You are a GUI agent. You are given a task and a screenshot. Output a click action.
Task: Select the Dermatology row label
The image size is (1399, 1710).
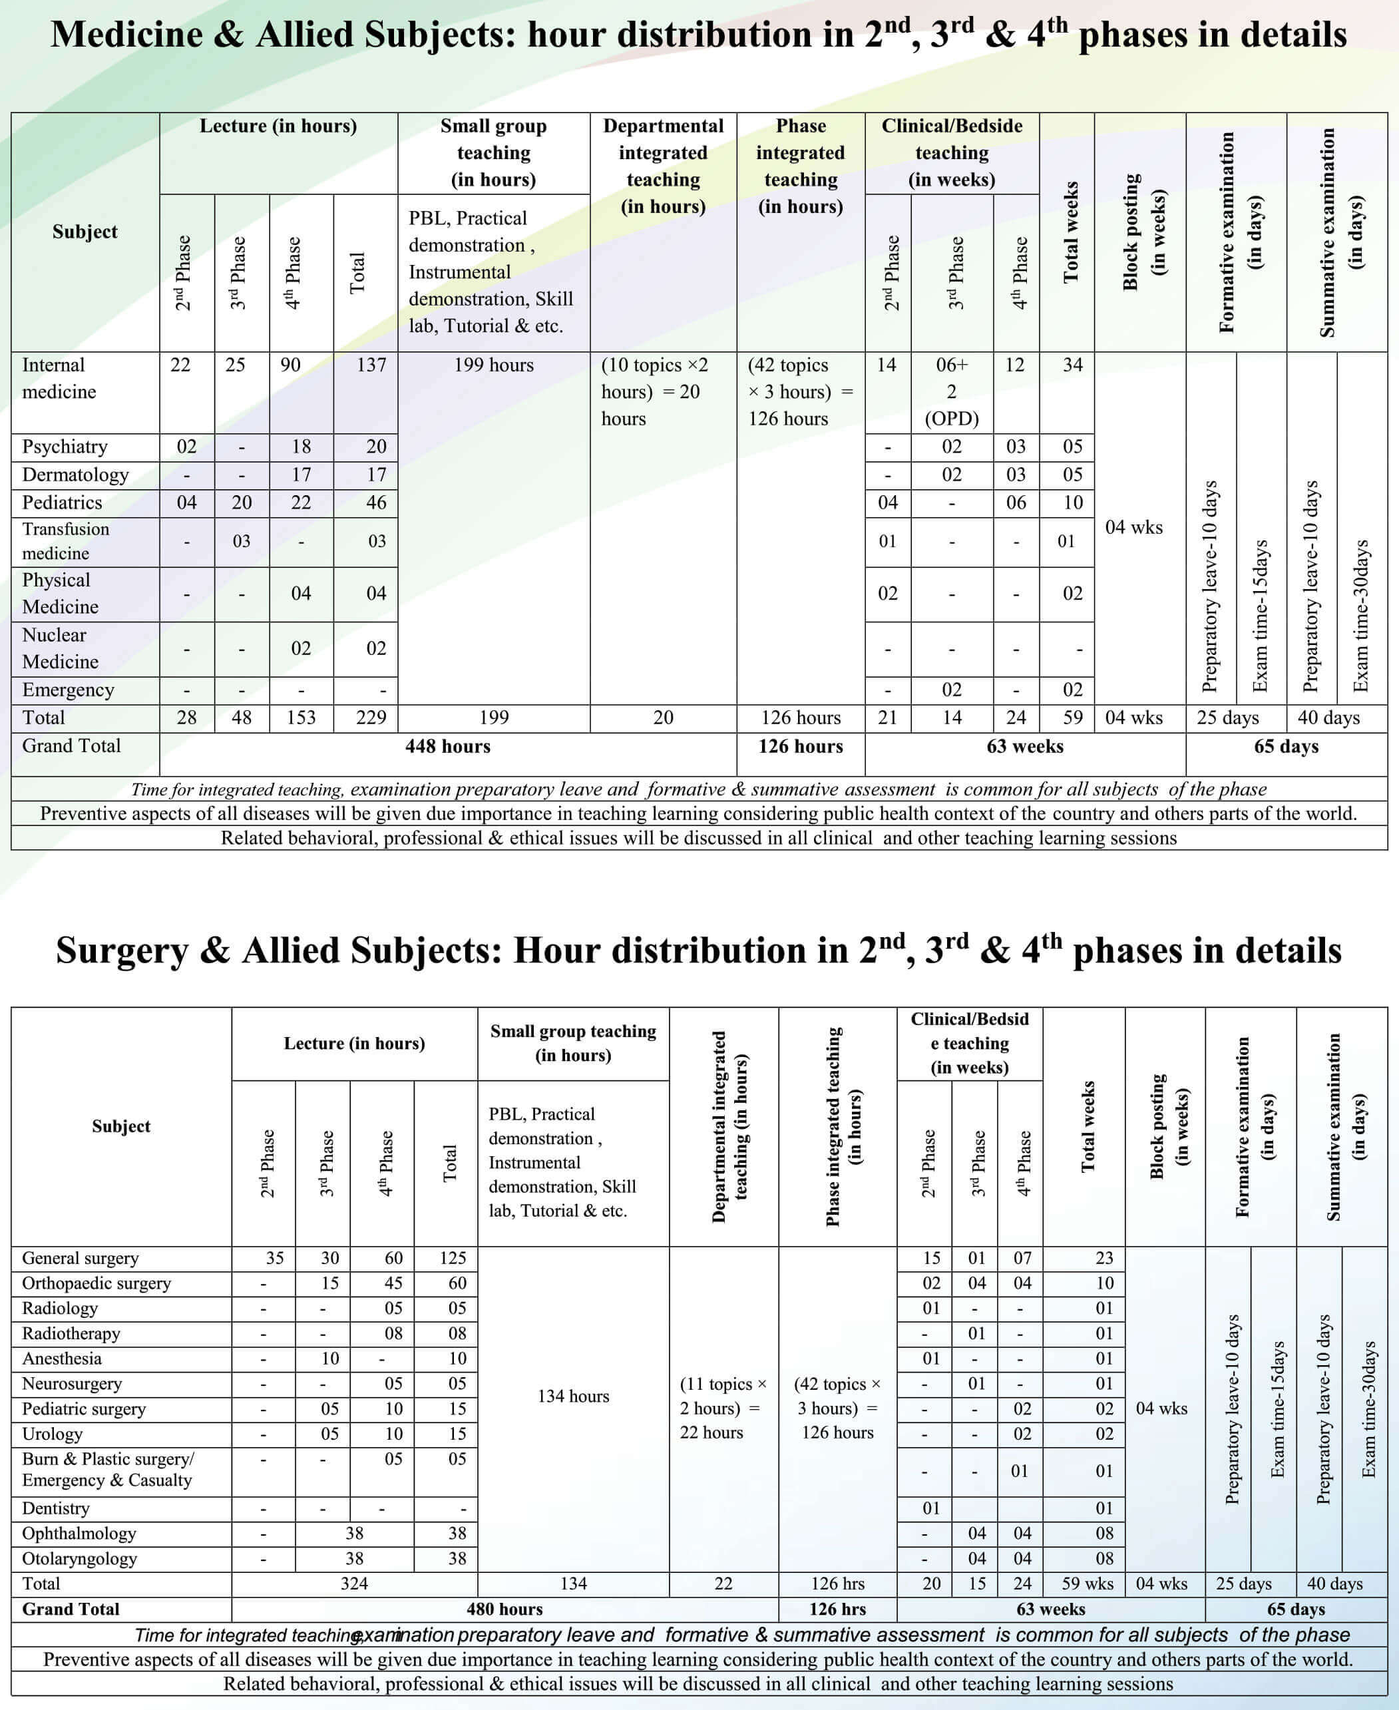(x=75, y=475)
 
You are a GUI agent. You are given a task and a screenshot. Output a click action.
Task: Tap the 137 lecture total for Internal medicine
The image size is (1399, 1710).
(x=371, y=365)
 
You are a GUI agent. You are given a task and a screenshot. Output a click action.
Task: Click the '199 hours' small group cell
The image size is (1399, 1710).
(x=493, y=365)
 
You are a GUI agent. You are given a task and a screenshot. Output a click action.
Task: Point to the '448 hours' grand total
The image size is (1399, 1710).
(x=447, y=746)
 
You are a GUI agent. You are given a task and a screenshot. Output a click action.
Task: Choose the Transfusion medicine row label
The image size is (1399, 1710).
(x=65, y=540)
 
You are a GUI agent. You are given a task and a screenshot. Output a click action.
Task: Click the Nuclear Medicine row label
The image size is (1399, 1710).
(x=61, y=648)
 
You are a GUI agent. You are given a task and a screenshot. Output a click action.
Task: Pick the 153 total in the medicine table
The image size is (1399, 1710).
(x=301, y=717)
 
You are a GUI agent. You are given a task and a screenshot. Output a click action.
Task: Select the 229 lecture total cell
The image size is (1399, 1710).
(x=371, y=717)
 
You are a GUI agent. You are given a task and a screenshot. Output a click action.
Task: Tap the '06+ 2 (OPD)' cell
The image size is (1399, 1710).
(x=952, y=391)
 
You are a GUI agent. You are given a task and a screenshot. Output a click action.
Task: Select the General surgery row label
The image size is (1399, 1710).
(x=80, y=1258)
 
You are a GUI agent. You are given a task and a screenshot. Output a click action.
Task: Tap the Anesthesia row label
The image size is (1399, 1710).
(x=62, y=1359)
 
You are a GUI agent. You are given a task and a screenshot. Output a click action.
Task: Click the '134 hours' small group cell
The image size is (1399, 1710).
(x=573, y=1396)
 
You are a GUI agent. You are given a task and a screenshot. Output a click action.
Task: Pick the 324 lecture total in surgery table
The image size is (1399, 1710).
(x=354, y=1584)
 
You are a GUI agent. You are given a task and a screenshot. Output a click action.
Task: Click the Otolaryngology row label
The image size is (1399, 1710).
(x=79, y=1558)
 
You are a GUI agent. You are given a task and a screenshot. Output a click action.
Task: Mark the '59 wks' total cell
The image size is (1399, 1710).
(x=1087, y=1584)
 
